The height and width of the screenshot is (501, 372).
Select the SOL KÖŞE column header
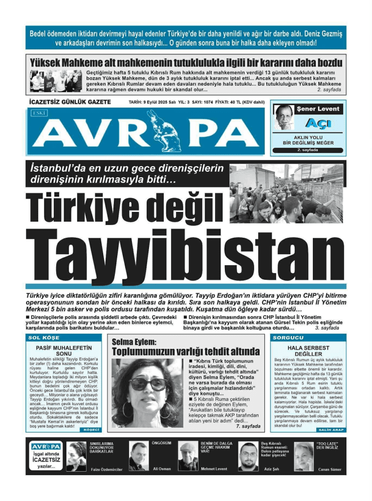click(44, 338)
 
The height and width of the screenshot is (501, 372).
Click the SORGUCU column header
click(288, 338)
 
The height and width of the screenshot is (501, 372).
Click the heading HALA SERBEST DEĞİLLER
click(308, 351)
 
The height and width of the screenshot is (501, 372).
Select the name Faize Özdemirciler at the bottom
click(106, 469)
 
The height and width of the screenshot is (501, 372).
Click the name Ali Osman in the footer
click(162, 469)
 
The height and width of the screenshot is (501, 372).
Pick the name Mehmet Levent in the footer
click(214, 469)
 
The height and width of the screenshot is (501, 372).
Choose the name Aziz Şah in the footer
click(271, 469)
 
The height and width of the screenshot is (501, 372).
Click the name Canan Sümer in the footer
click(330, 469)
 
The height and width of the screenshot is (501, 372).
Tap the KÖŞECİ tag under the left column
click(91, 430)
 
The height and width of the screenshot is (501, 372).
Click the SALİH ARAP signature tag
click(331, 430)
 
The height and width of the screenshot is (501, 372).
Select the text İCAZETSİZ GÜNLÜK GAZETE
click(69, 102)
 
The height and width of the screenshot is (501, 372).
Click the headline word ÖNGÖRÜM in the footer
click(162, 443)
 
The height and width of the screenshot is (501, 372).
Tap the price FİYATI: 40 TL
click(237, 102)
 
